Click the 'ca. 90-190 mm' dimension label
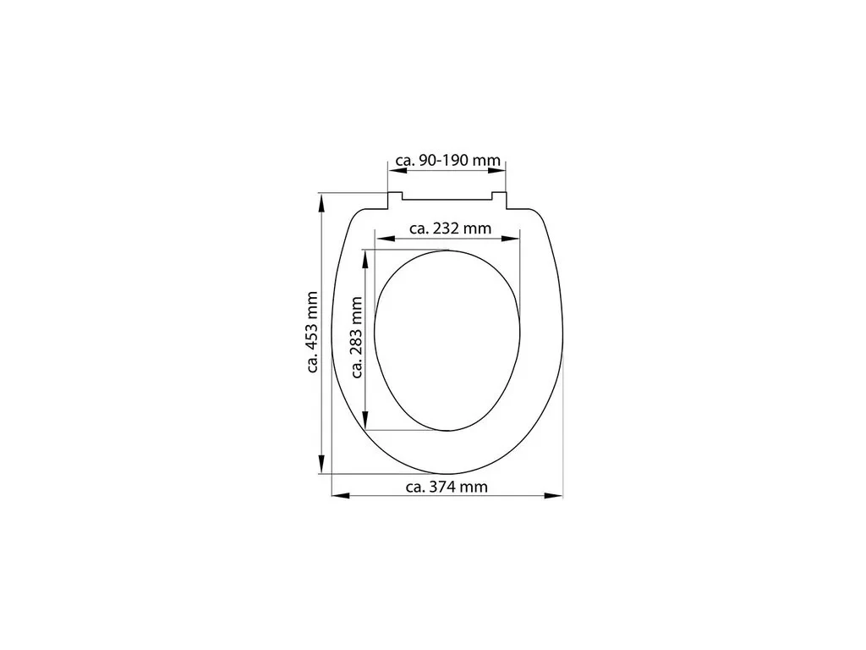pos(448,160)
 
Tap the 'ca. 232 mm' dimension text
pos(450,228)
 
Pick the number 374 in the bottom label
pos(447,487)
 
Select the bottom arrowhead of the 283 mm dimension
pos(365,422)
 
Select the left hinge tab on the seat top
pos(394,199)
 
